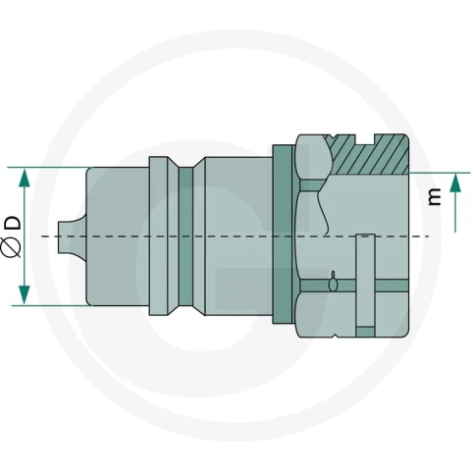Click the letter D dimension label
pyautogui.click(x=14, y=223)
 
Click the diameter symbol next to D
pyautogui.click(x=12, y=247)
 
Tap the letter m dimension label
pyautogui.click(x=435, y=196)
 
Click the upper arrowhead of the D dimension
pyautogui.click(x=25, y=178)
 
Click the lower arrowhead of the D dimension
pyautogui.click(x=25, y=294)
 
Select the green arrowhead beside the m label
pyautogui.click(x=455, y=183)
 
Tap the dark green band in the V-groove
pyautogui.click(x=185, y=236)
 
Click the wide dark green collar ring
pyautogui.click(x=283, y=235)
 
